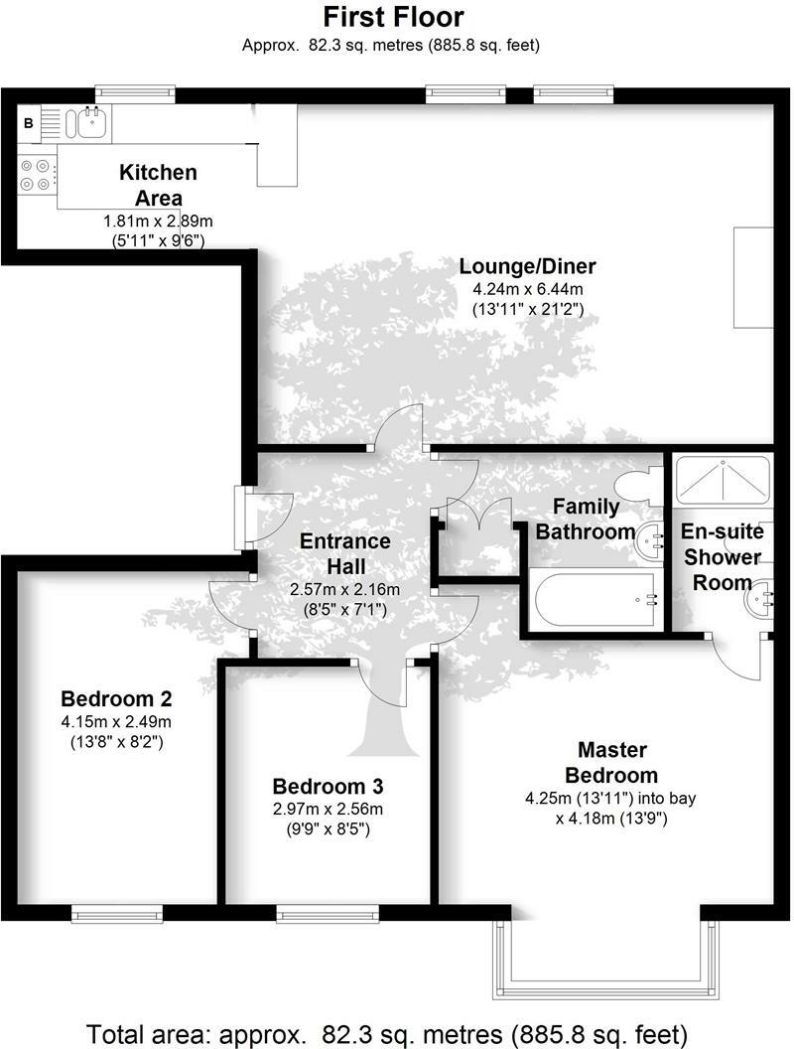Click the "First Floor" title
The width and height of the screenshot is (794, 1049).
click(x=394, y=17)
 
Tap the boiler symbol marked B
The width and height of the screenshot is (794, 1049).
click(x=28, y=123)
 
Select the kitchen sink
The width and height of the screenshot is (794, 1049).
click(x=87, y=123)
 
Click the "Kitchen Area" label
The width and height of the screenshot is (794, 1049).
click(x=158, y=184)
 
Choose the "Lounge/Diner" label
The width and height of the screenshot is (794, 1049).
click(x=527, y=266)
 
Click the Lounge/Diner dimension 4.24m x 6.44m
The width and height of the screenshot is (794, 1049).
click(x=527, y=289)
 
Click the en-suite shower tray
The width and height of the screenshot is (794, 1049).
click(x=722, y=482)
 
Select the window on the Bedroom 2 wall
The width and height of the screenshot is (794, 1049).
click(x=116, y=913)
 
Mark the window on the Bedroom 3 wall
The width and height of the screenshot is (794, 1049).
click(x=327, y=913)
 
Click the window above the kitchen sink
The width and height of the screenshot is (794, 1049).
click(x=135, y=92)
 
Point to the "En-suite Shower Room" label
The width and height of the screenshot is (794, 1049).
click(x=722, y=557)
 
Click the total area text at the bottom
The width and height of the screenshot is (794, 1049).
click(x=387, y=1031)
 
